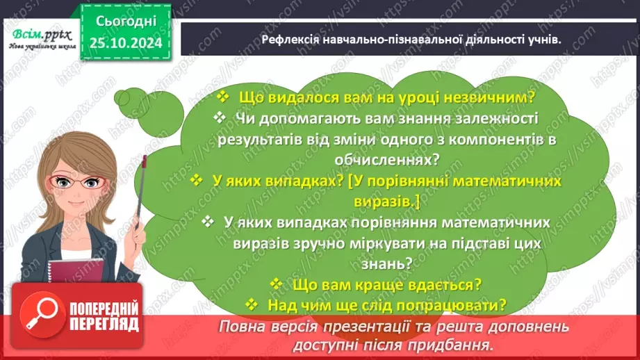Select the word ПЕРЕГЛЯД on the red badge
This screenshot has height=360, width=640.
[x=104, y=323]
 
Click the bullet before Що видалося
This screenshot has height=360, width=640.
[x=223, y=97]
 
